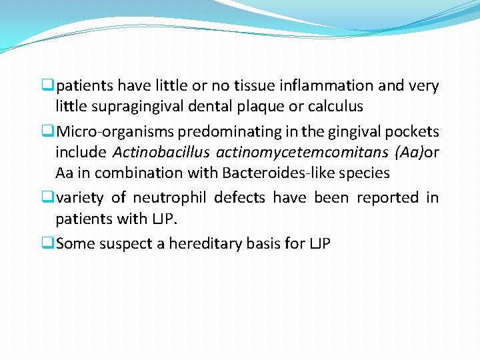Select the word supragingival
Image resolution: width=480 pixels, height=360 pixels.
pos(131,107)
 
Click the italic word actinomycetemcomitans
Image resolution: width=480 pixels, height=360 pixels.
pos(302,153)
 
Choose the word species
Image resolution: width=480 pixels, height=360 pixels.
pos(365,173)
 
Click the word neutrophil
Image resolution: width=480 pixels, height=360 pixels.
pos(173,198)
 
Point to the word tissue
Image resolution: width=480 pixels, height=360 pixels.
pos(255,86)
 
